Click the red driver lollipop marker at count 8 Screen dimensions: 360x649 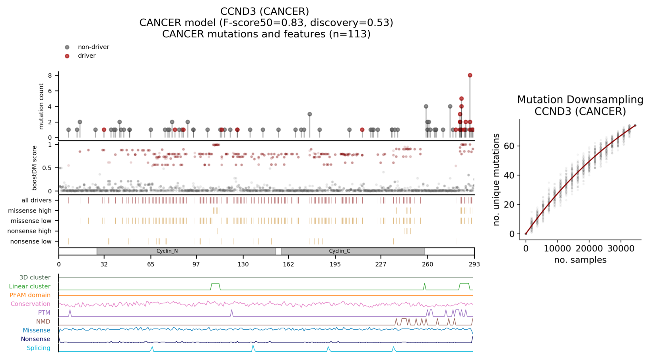[470, 75]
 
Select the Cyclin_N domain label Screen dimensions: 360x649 [167, 251]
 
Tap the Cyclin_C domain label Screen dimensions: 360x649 [340, 251]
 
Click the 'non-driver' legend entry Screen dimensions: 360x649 [93, 47]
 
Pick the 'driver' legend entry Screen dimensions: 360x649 [87, 56]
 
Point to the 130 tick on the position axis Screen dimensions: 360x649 [243, 264]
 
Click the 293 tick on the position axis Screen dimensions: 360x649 [474, 264]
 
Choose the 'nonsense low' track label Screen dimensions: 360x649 [31, 241]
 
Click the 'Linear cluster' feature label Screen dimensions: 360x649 [29, 286]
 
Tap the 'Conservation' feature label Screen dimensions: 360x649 [30, 304]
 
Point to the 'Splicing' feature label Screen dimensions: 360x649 [38, 348]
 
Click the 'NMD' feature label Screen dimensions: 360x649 [43, 321]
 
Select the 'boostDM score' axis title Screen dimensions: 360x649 [35, 167]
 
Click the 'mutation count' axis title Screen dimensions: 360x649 [41, 106]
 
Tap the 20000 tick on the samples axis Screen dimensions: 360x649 [589, 249]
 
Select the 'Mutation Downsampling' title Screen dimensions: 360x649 [580, 99]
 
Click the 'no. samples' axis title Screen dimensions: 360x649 [580, 260]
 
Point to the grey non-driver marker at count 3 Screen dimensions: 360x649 [309, 114]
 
